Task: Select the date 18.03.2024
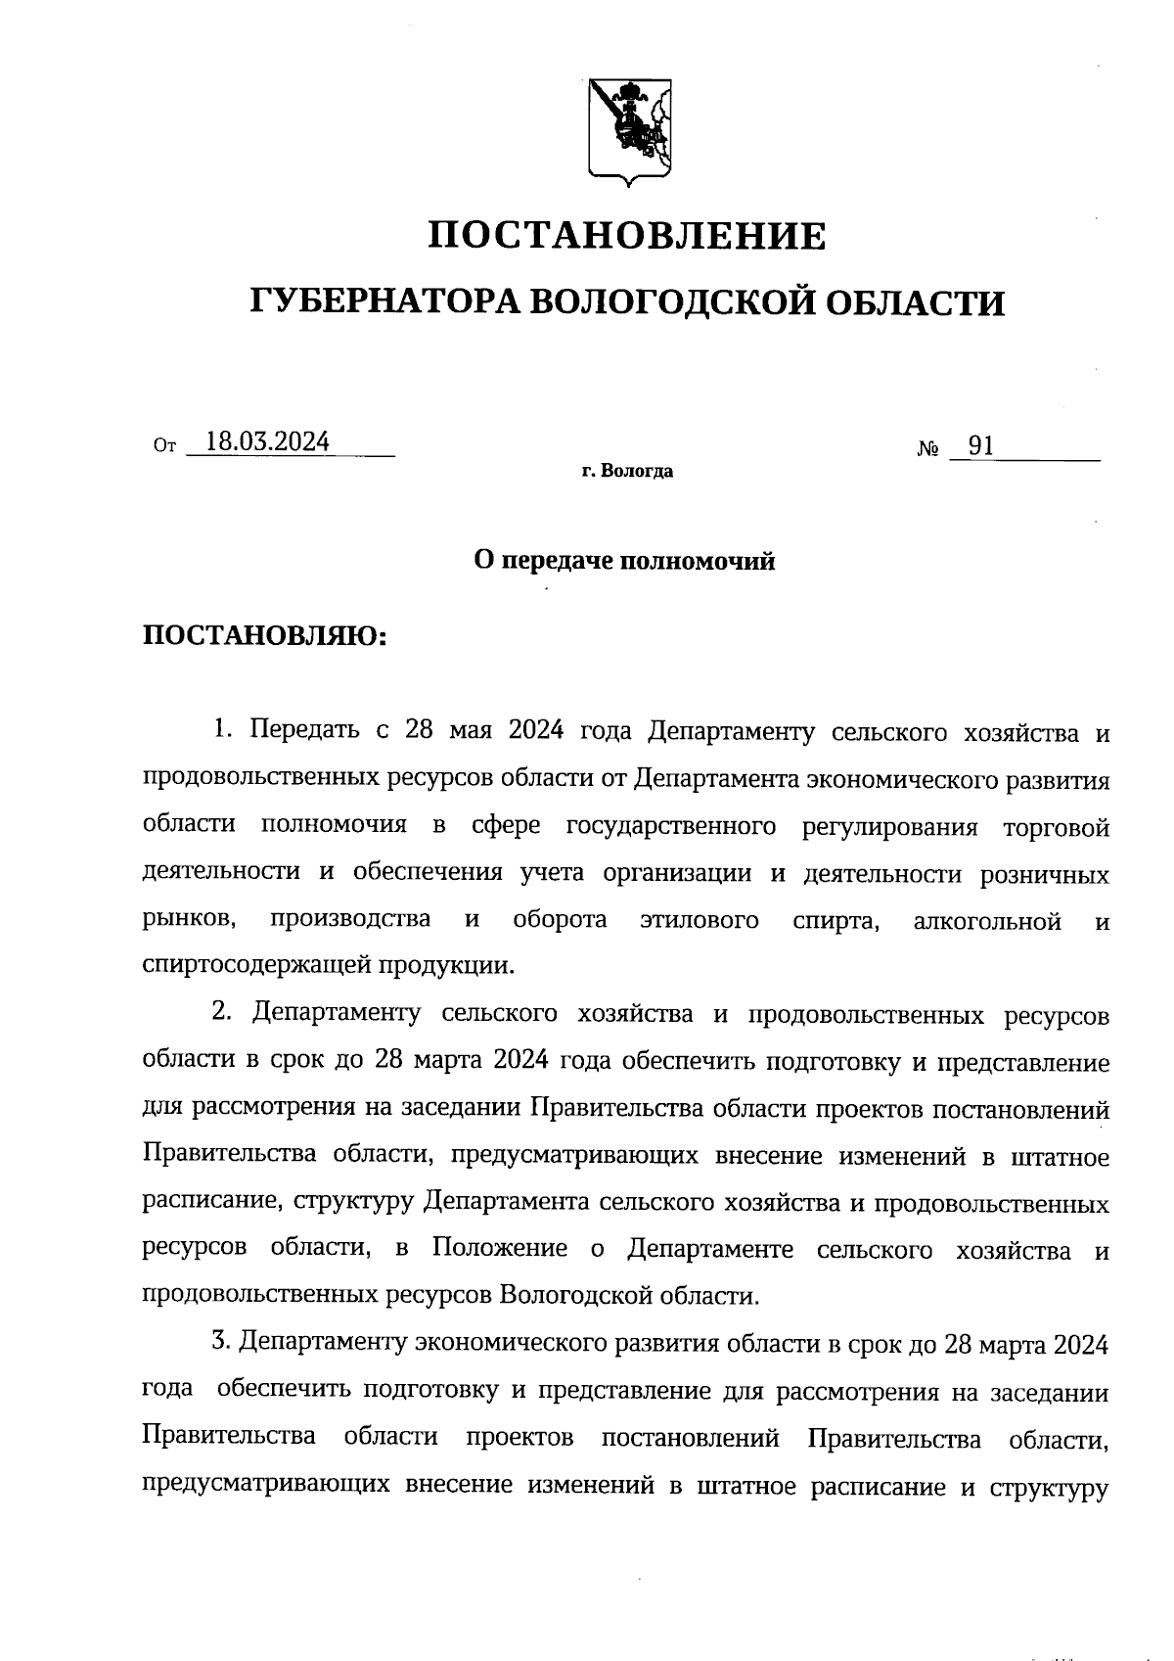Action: (261, 442)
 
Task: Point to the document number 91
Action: (980, 446)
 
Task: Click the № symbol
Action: (928, 450)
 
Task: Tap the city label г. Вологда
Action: (626, 472)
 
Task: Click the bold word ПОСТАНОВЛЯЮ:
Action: (265, 636)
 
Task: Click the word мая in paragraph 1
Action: (472, 731)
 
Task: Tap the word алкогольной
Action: (986, 920)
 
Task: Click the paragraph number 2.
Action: (220, 1013)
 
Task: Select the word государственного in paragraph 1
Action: (671, 825)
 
